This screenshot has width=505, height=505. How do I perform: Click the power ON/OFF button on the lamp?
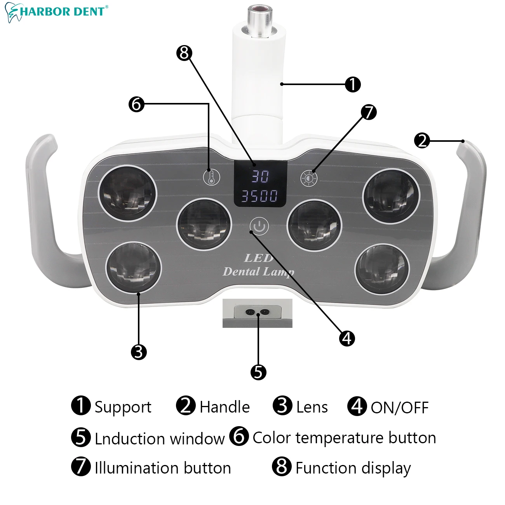[259, 226]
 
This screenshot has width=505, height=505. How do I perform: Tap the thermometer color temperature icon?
[211, 178]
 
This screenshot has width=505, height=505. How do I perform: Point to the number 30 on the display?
[260, 176]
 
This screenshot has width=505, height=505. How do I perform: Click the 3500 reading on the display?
[260, 196]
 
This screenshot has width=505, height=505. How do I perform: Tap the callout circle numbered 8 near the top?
[184, 53]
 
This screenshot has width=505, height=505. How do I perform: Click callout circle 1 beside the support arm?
[353, 84]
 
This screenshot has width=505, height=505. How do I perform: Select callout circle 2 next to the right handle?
[422, 140]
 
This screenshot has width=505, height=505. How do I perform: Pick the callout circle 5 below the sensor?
[258, 372]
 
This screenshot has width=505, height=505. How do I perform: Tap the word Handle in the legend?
[225, 407]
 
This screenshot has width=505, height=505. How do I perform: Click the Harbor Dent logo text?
[62, 11]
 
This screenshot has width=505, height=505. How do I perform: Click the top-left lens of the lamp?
[127, 193]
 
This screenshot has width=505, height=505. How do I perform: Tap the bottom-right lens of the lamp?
[382, 269]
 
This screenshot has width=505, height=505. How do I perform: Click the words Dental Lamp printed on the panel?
[258, 272]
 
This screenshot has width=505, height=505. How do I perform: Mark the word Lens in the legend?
[312, 407]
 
